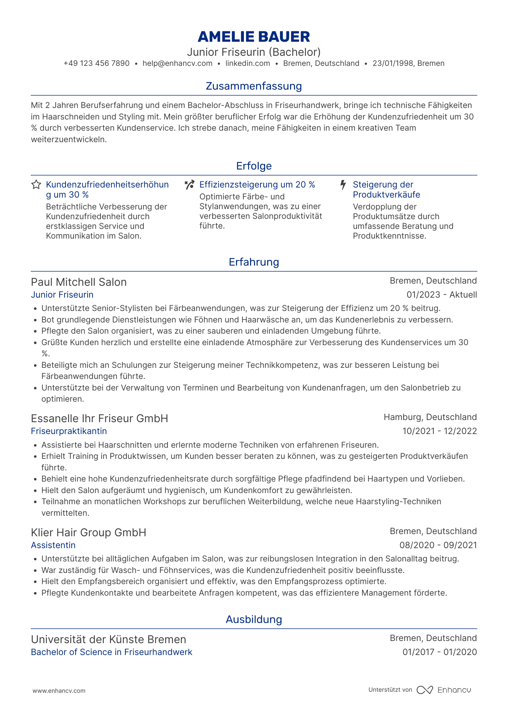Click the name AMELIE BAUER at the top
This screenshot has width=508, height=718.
254,37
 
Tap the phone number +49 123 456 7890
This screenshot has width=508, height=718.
97,63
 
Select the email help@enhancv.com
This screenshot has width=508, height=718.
177,63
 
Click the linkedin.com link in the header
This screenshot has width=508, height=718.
248,63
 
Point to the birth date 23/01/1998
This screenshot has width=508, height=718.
393,63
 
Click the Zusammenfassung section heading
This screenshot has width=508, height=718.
254,86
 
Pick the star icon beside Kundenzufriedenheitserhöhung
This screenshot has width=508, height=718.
36,185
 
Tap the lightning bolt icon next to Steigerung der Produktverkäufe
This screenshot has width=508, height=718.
343,185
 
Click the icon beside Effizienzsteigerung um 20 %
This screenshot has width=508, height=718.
190,185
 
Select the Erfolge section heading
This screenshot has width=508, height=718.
254,166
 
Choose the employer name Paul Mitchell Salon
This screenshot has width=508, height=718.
79,282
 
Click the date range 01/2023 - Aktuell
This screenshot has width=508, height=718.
442,295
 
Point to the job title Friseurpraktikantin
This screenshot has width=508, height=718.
69,431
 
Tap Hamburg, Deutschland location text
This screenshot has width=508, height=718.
430,417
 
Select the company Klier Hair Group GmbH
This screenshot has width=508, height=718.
89,533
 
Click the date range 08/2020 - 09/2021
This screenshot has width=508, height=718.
438,545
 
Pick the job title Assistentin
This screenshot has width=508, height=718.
53,545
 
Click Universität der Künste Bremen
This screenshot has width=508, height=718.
108,640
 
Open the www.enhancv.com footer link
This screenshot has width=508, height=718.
59,691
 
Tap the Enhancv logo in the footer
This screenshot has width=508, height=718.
444,690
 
